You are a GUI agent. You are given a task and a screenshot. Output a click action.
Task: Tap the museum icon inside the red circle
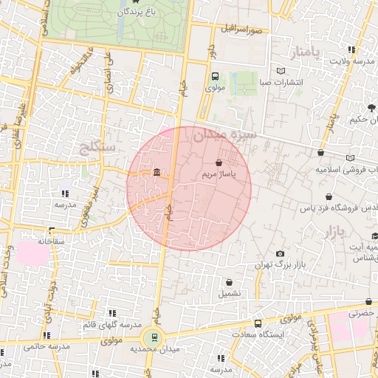157,173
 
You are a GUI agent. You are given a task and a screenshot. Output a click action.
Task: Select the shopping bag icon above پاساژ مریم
219,162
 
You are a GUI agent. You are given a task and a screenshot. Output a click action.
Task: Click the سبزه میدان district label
224,136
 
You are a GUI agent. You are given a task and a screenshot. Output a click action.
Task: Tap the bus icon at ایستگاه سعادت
257,323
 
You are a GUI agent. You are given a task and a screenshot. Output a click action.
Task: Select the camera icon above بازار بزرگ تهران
280,253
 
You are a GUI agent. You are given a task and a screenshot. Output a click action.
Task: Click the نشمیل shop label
228,293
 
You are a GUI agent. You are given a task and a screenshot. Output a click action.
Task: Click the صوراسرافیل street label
242,30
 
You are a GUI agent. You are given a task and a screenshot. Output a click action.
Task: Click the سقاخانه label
53,241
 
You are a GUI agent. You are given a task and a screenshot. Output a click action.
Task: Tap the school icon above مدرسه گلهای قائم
111,314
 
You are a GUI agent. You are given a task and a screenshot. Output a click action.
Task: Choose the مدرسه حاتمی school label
45,346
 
